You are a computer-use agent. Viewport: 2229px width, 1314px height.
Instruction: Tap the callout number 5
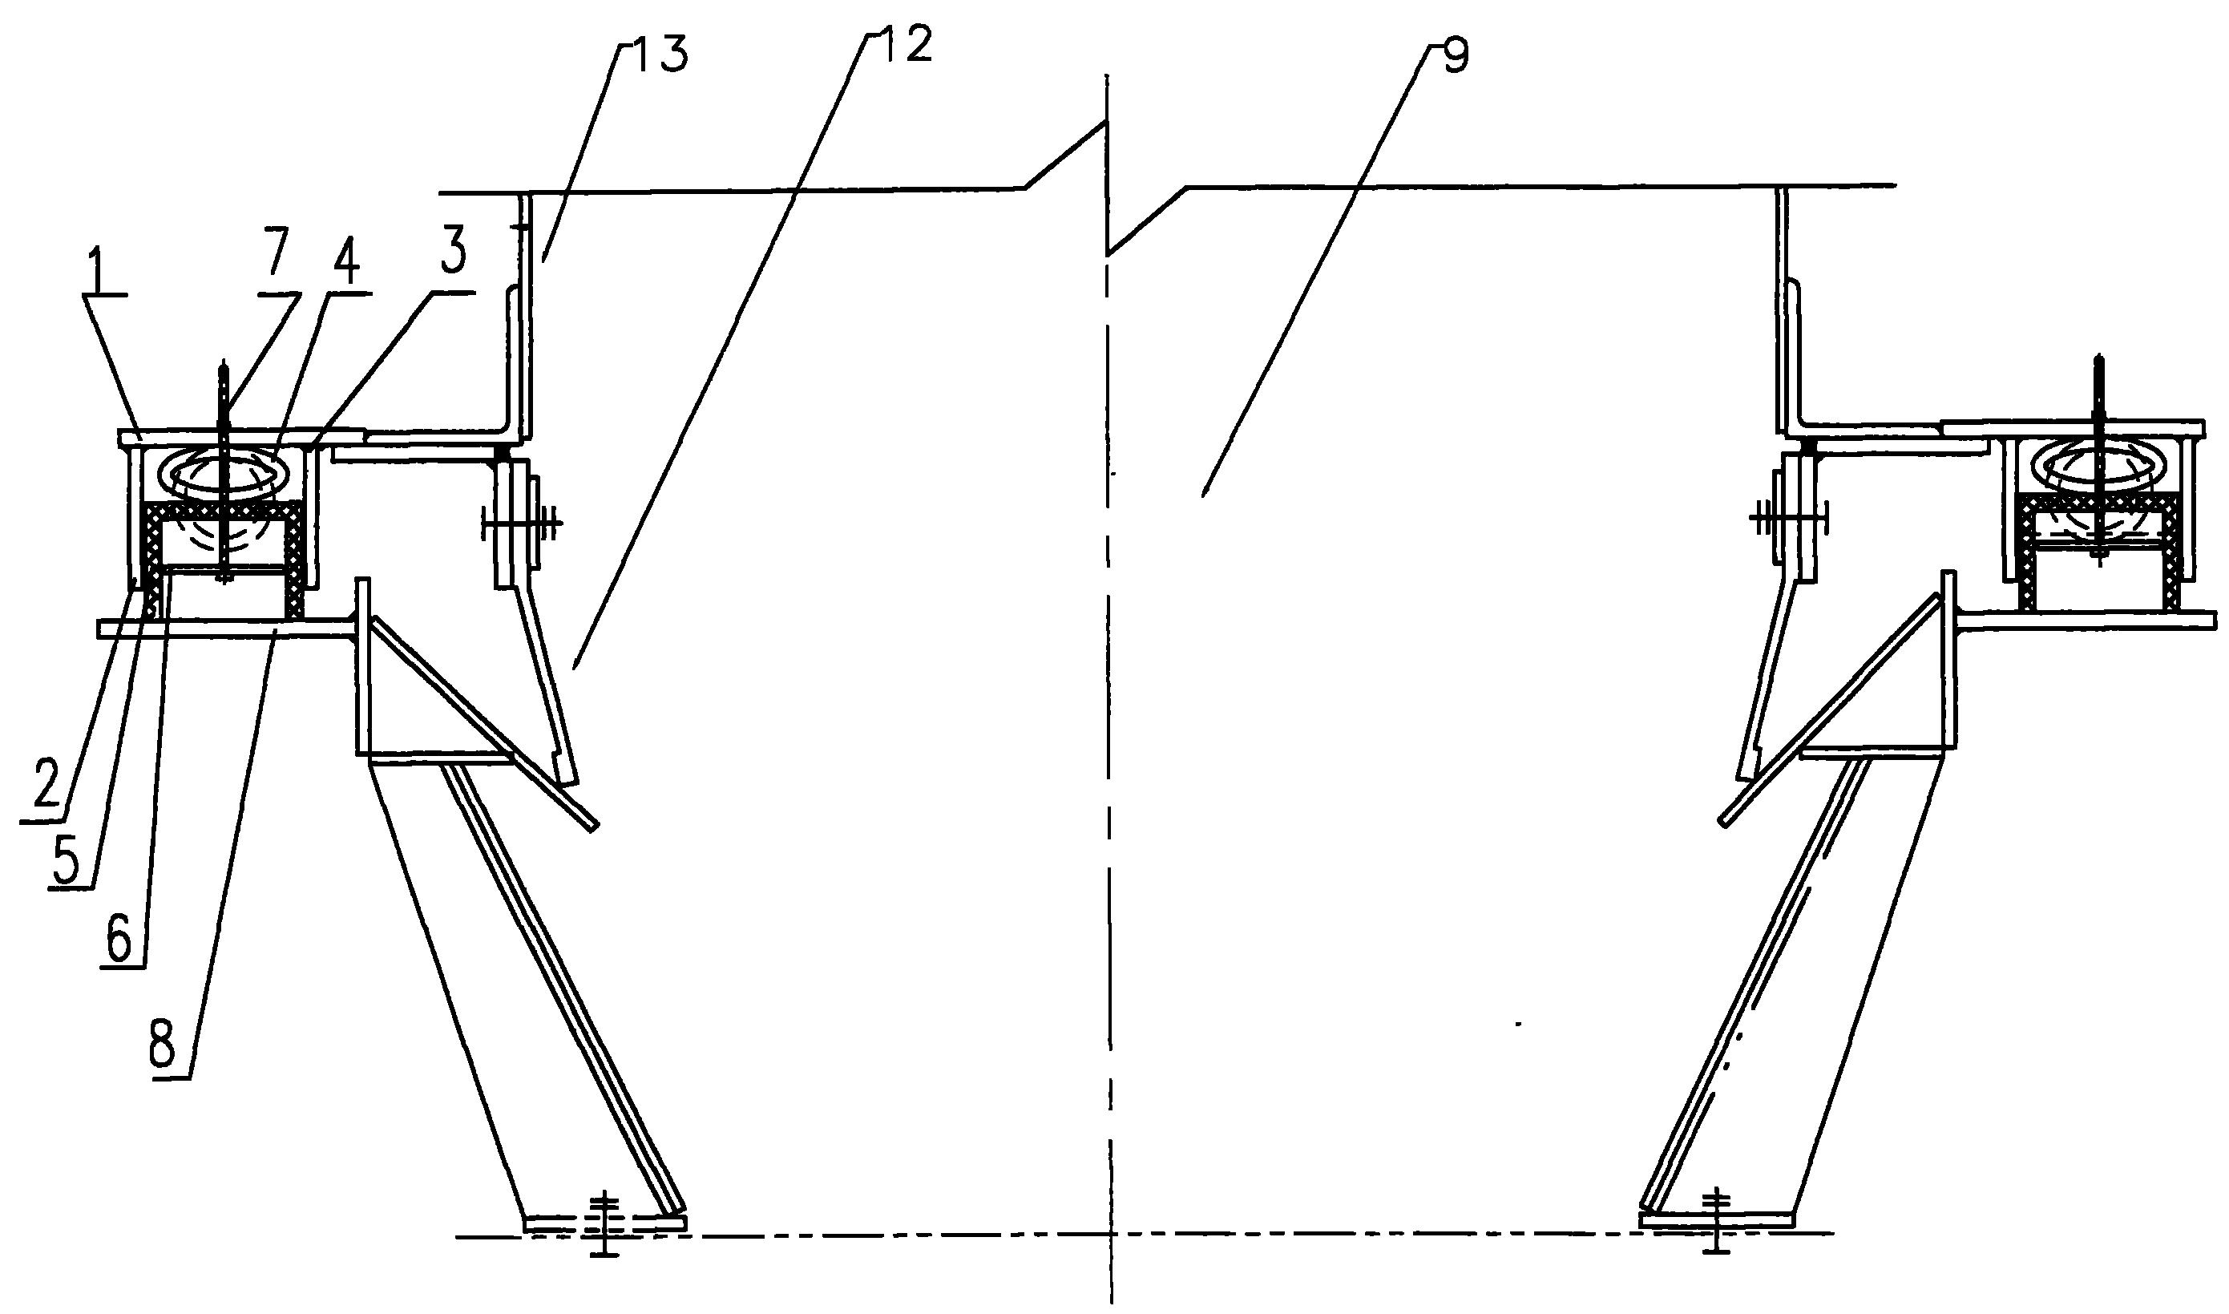click(71, 855)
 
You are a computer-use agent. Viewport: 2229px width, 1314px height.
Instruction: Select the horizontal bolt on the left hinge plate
click(520, 525)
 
